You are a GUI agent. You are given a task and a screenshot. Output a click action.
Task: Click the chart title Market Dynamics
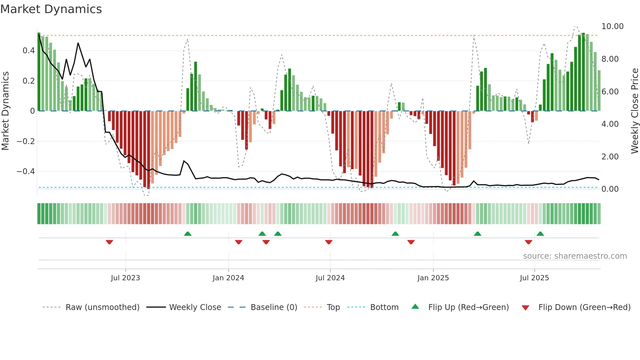tap(51, 9)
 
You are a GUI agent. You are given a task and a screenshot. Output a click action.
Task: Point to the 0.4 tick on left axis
tap(28, 51)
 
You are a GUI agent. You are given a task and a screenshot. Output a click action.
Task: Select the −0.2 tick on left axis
tap(25, 141)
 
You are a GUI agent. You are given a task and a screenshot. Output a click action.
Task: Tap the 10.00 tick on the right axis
tap(612, 26)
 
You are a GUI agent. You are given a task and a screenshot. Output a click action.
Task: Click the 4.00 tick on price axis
tap(610, 124)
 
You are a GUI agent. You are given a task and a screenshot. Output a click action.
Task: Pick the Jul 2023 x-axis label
tap(125, 278)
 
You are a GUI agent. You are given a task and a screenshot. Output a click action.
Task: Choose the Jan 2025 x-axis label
tap(433, 278)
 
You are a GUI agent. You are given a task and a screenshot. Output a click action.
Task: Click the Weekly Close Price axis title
tap(634, 111)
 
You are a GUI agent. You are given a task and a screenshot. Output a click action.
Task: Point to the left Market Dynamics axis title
tap(6, 111)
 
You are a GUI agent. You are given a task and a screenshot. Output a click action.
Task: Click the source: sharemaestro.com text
tap(575, 256)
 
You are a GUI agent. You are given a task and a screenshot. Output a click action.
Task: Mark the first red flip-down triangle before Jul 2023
tap(109, 242)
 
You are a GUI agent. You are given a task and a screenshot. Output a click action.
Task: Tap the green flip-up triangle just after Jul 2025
tap(540, 234)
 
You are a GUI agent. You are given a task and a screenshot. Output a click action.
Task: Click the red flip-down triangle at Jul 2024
tap(329, 242)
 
